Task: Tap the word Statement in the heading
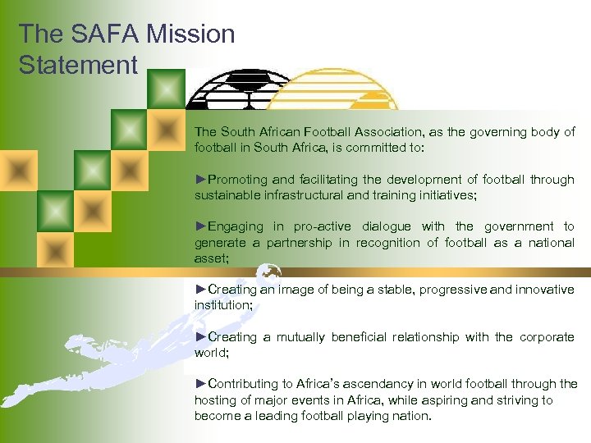point(78,65)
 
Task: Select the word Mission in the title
point(195,34)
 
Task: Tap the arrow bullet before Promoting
point(201,180)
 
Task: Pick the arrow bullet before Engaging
point(201,226)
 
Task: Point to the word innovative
point(545,290)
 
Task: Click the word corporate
point(547,337)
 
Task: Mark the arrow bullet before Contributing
point(201,384)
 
